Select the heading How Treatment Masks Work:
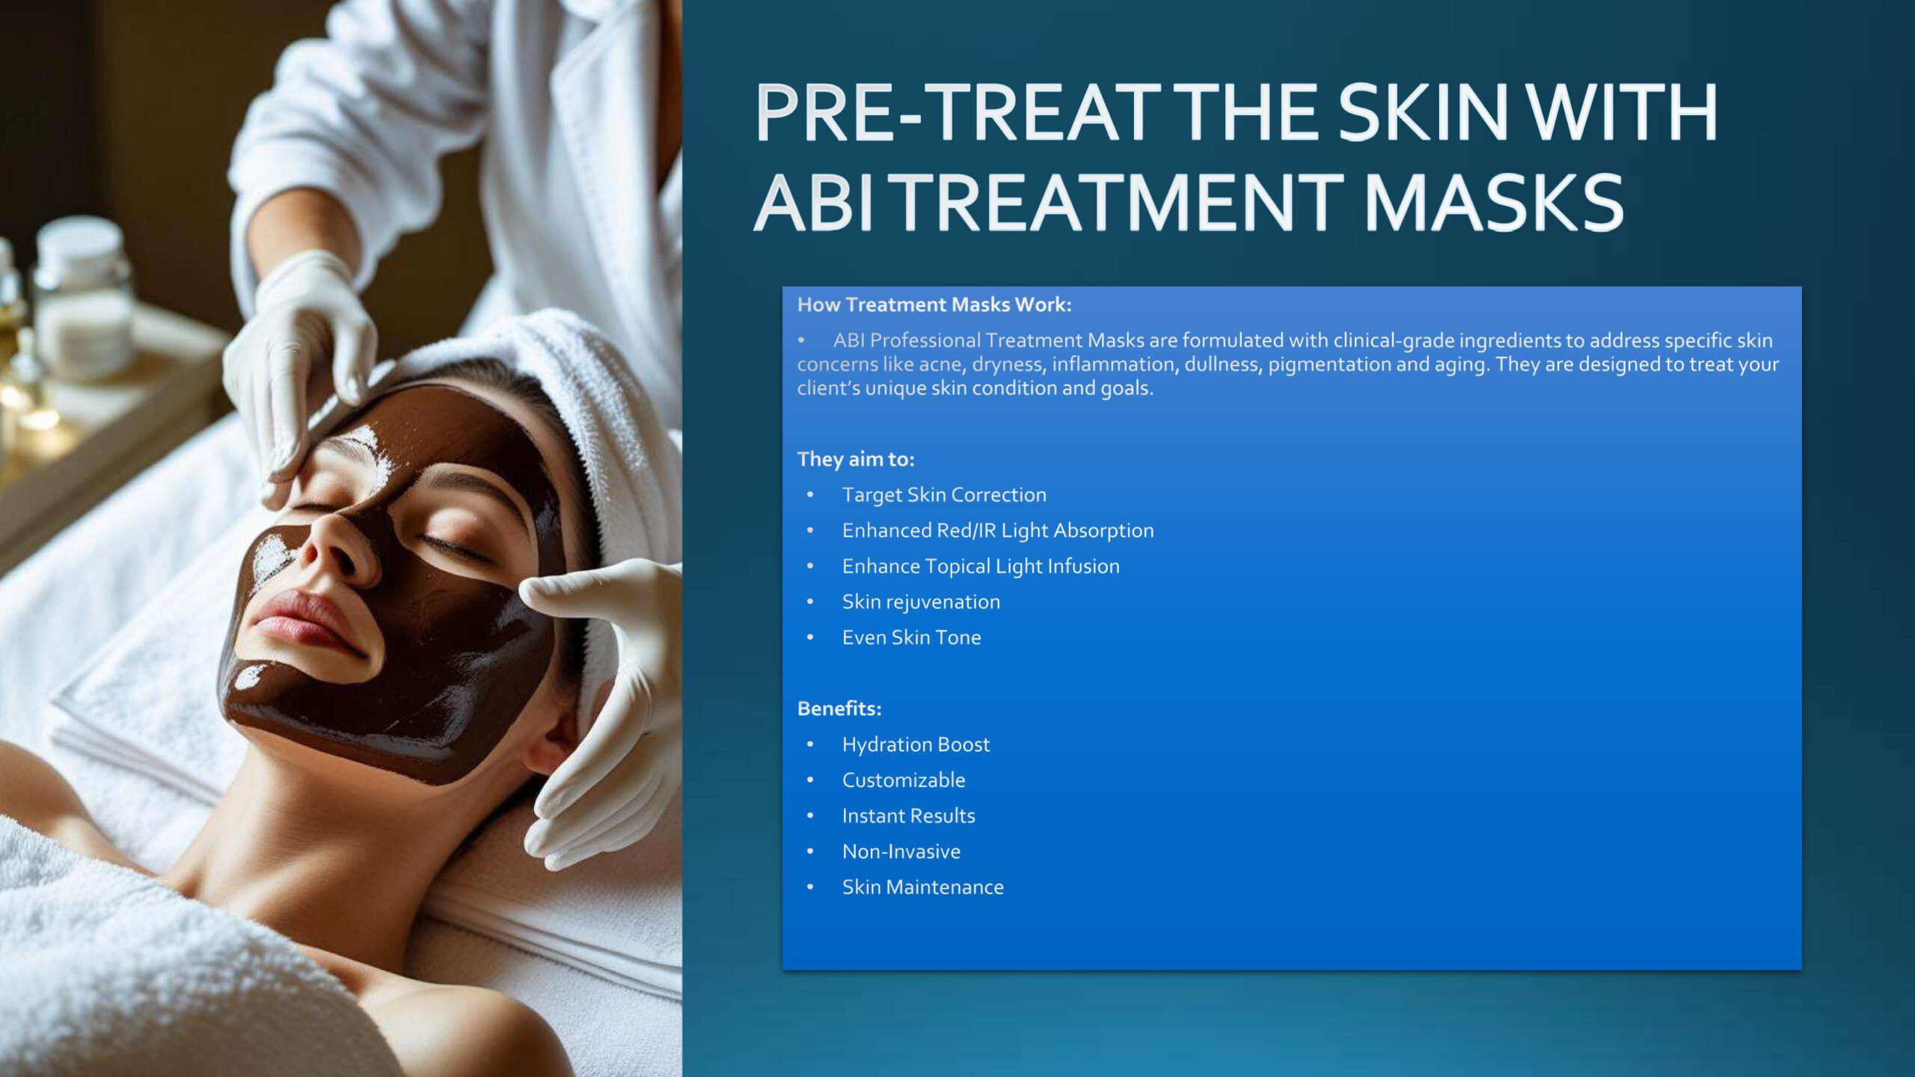click(x=934, y=304)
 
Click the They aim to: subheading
click(x=856, y=458)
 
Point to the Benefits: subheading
click(x=839, y=708)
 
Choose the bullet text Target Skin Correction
click(x=944, y=494)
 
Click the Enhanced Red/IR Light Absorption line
click(x=998, y=530)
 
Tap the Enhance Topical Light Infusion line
click(x=981, y=566)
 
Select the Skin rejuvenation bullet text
click(x=921, y=602)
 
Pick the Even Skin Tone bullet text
click(x=911, y=637)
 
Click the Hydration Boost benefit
click(x=916, y=745)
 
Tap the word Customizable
click(x=904, y=780)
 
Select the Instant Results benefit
click(x=908, y=816)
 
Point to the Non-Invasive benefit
click(x=901, y=851)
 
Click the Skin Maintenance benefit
click(x=922, y=887)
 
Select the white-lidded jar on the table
click(x=82, y=299)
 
